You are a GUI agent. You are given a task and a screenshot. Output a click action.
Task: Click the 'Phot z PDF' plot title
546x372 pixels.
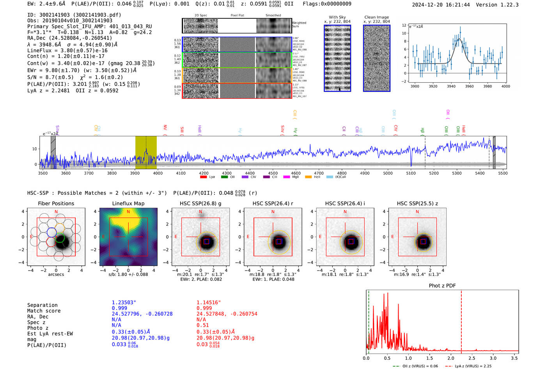442,286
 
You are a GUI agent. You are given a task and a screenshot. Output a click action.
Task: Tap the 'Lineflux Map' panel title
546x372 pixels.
128,203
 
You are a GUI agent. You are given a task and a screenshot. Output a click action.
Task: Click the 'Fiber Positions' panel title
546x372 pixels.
56,203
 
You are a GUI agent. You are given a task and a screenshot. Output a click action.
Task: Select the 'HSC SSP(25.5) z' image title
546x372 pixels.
417,203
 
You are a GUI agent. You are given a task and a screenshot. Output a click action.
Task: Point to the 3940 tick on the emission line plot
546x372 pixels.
451,86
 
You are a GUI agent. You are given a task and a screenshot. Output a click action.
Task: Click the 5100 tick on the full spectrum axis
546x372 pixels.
411,173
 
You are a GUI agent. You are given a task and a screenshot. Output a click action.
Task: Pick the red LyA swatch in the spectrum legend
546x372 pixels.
203,177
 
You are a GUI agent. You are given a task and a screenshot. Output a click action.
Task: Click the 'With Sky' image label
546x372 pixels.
337,17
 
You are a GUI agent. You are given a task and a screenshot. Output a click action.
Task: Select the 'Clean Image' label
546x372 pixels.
376,17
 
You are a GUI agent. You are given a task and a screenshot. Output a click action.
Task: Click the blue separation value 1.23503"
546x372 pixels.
124,303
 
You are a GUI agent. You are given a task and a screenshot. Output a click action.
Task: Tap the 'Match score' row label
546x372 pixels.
44,311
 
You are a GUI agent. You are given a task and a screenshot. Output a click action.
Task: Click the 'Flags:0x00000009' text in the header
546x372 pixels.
327,4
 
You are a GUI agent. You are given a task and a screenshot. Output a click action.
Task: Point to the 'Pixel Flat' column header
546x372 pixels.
237,15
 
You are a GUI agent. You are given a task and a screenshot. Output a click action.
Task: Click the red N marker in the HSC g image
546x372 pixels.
200,212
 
